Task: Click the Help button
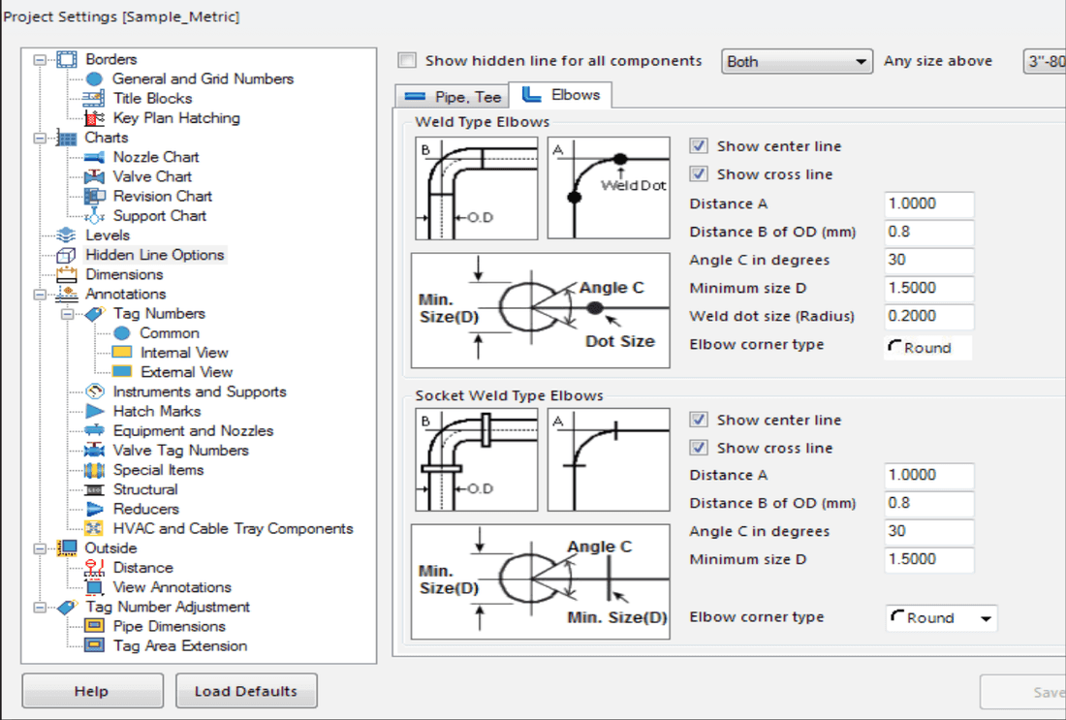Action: pos(92,691)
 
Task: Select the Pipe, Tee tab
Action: pos(453,97)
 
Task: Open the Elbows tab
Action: pos(561,95)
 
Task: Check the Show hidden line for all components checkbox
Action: pos(407,60)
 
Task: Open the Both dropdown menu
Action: pos(797,61)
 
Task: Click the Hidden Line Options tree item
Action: pos(154,255)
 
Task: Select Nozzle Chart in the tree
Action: pos(156,157)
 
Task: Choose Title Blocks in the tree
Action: pos(152,99)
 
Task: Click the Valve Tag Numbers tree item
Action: pos(181,450)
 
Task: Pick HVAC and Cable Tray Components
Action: pos(234,528)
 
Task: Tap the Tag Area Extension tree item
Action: pos(180,646)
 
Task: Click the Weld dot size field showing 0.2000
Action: pos(928,316)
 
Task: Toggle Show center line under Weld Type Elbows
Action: pos(699,146)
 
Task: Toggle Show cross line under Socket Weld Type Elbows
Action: pos(699,448)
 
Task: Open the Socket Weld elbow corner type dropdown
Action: pos(941,618)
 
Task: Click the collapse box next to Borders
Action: pos(40,60)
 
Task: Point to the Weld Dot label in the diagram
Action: pos(633,186)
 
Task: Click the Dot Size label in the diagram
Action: pos(620,341)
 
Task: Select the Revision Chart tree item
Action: pos(163,197)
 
